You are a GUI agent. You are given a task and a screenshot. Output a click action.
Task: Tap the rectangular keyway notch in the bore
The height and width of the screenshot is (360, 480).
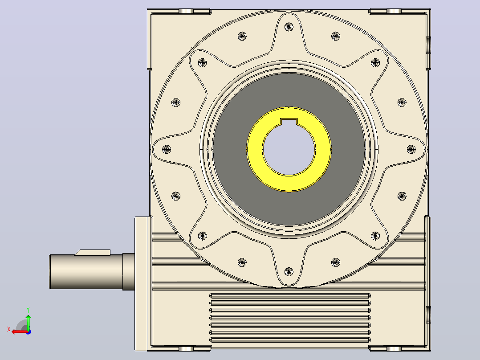[x=289, y=122]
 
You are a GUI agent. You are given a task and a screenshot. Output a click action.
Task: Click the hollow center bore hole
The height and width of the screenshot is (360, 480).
[x=289, y=150]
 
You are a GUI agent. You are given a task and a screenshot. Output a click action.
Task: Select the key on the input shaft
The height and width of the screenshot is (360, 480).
[x=93, y=253]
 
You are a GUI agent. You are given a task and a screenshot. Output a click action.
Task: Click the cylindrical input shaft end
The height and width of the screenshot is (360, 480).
[x=86, y=271]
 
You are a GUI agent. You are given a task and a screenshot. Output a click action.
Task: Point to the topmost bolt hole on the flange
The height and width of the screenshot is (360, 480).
[x=289, y=27]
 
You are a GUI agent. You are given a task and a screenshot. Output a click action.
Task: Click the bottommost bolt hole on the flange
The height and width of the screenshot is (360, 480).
[x=289, y=271]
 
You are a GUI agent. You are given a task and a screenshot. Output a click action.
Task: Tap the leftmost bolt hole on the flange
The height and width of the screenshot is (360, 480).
[x=166, y=149]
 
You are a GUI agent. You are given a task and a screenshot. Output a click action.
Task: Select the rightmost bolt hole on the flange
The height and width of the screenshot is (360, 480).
[x=411, y=149]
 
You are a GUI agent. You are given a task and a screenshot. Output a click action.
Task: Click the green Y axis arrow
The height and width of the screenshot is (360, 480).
[x=28, y=322]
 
